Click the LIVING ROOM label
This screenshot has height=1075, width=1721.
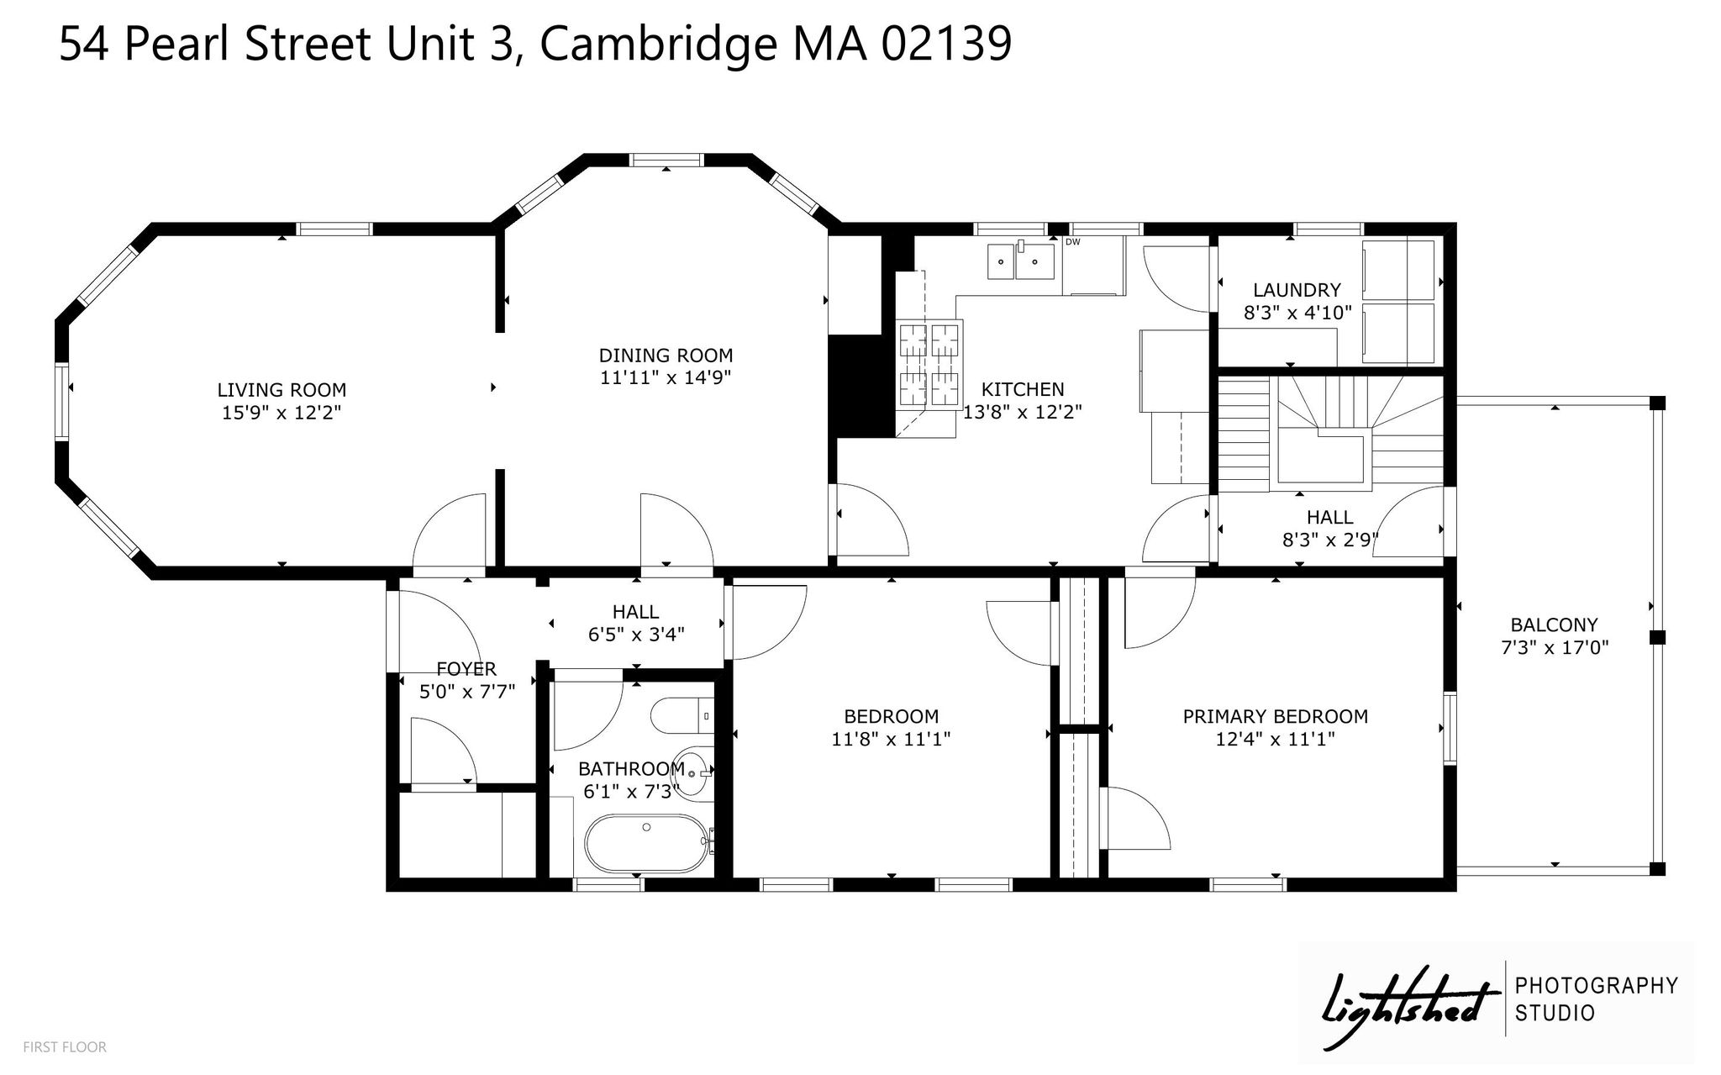click(282, 390)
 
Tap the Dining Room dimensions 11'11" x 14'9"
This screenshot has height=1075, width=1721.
click(666, 378)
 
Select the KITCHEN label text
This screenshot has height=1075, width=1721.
click(1023, 389)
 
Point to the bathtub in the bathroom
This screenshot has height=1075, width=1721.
click(646, 845)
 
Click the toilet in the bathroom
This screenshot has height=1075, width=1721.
click(682, 715)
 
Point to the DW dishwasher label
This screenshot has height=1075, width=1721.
click(1072, 242)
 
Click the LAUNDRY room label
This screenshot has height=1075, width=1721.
click(1297, 291)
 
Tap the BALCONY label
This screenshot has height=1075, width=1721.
click(1554, 625)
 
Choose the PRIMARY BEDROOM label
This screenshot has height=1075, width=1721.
click(1275, 717)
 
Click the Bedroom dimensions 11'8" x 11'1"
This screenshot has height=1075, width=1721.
click(891, 740)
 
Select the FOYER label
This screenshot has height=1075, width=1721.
click(466, 669)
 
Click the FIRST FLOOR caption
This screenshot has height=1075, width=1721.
click(65, 1047)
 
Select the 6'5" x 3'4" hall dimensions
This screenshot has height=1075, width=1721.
click(636, 635)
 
